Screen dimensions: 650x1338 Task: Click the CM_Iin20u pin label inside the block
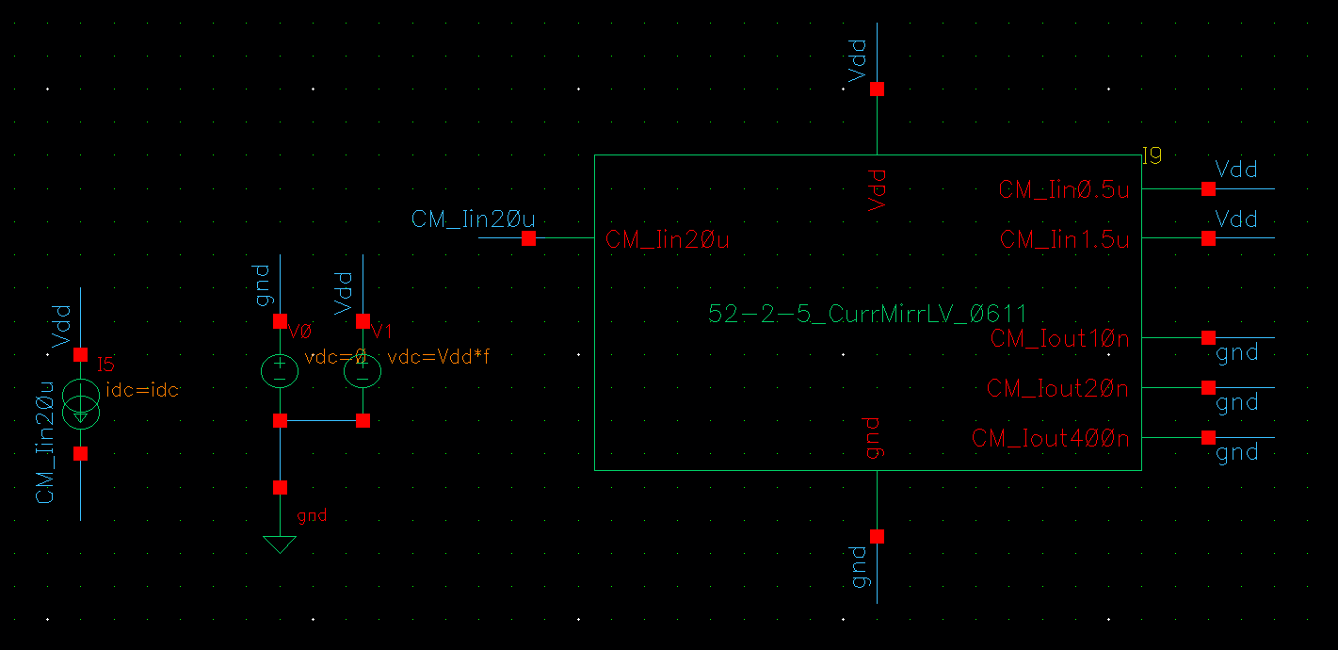(x=668, y=240)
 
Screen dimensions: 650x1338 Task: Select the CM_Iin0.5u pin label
(x=1063, y=189)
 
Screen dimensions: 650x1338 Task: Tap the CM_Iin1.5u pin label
(x=1064, y=239)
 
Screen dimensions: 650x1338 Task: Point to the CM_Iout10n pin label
(x=1059, y=338)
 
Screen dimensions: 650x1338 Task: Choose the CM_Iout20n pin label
(x=1057, y=388)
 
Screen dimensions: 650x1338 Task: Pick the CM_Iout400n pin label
(x=1050, y=438)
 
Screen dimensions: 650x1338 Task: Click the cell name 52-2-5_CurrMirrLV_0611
(x=867, y=314)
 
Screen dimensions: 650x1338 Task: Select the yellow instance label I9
(x=1152, y=156)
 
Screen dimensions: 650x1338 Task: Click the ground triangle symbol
(x=280, y=544)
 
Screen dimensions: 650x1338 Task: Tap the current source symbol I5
(x=80, y=403)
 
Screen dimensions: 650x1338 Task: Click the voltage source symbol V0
(x=280, y=370)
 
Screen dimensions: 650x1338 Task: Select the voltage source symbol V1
(x=363, y=370)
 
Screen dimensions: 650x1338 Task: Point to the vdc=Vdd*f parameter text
(x=439, y=357)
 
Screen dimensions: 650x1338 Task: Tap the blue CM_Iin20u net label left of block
(x=473, y=219)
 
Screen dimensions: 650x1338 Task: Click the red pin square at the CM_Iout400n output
(x=1208, y=437)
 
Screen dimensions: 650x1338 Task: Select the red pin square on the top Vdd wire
(x=877, y=89)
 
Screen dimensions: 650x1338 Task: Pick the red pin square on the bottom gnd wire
(x=877, y=536)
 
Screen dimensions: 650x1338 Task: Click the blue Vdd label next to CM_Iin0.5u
(x=1236, y=170)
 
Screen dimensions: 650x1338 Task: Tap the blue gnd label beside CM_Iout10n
(x=1237, y=353)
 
